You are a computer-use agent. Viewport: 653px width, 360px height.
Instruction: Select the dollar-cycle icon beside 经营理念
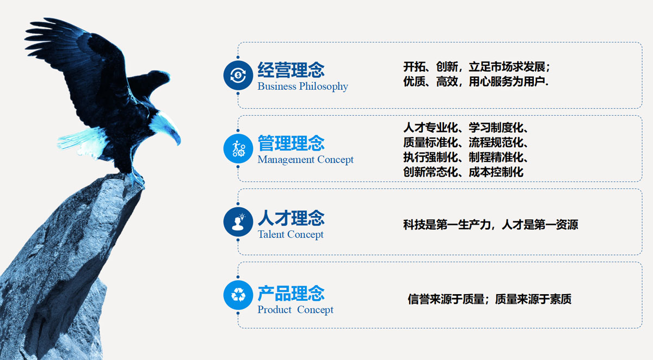click(x=238, y=75)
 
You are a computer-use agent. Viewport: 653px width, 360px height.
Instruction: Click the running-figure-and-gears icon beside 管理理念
click(x=238, y=148)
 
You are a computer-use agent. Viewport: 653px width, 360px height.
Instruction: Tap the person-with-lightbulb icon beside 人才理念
click(x=238, y=222)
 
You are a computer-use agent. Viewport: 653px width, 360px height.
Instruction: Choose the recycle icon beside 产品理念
click(x=238, y=295)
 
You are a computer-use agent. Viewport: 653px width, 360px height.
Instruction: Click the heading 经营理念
click(x=291, y=70)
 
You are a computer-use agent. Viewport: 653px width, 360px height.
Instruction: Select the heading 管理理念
click(x=291, y=143)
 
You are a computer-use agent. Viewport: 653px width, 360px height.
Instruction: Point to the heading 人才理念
click(x=291, y=218)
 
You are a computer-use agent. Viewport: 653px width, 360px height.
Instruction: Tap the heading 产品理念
click(x=291, y=293)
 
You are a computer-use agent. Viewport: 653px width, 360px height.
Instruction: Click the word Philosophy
click(x=324, y=86)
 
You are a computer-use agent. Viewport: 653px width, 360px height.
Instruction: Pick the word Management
click(x=286, y=160)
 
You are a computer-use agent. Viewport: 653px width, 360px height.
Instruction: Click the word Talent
click(x=271, y=234)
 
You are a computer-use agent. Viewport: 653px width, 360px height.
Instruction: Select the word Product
click(x=274, y=309)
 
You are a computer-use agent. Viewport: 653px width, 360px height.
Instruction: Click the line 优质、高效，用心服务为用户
click(x=476, y=82)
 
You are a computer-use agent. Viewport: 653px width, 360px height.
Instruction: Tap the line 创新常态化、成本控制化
click(x=463, y=172)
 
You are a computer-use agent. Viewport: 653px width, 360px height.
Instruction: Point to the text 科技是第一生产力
click(x=447, y=225)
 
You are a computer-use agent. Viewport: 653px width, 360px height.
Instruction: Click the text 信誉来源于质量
click(x=446, y=299)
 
